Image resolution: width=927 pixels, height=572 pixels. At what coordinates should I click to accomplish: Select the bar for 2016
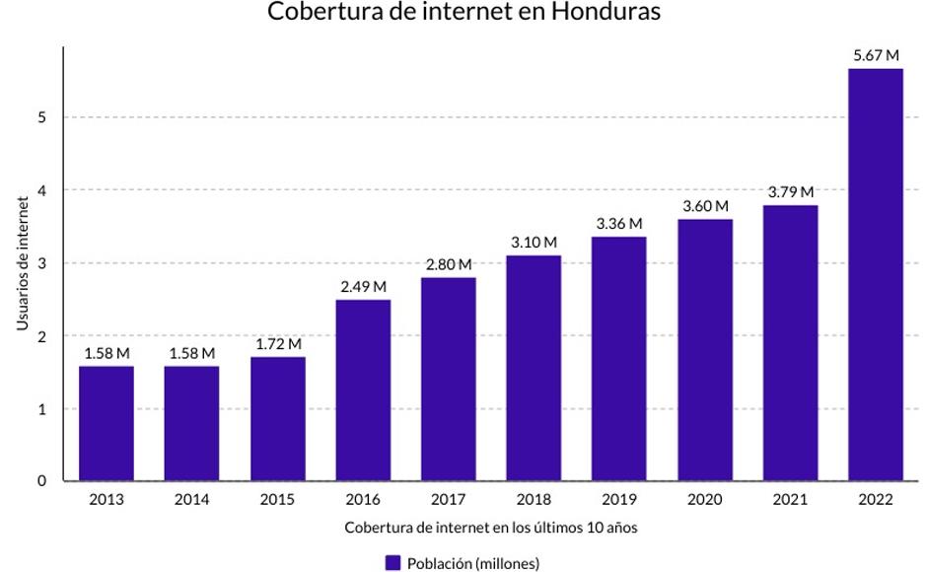(363, 390)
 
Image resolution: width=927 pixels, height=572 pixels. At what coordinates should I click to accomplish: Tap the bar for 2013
(107, 423)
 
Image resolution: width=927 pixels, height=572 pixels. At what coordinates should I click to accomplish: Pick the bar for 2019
(619, 358)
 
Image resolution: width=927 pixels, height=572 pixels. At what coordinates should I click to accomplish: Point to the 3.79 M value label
(790, 192)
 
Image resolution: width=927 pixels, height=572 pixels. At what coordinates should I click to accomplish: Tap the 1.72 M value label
(277, 344)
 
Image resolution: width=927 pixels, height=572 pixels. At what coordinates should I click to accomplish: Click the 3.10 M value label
(534, 243)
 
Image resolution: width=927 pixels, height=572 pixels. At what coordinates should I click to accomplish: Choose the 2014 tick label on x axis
(191, 500)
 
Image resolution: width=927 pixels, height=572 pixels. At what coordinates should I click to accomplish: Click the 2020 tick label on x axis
(704, 500)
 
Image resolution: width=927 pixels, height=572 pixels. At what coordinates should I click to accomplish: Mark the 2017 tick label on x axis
(448, 500)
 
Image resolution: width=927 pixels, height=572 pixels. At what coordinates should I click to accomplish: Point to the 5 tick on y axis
(42, 117)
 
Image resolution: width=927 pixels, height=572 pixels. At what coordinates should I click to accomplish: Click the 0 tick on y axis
(42, 481)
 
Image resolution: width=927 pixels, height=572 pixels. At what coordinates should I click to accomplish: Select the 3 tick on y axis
(42, 263)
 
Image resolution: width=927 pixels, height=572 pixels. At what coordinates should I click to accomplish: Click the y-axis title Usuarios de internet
(21, 263)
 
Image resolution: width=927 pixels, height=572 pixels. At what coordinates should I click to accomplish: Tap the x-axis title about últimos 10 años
(490, 528)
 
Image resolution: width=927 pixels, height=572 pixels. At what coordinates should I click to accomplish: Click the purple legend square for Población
(392, 563)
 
